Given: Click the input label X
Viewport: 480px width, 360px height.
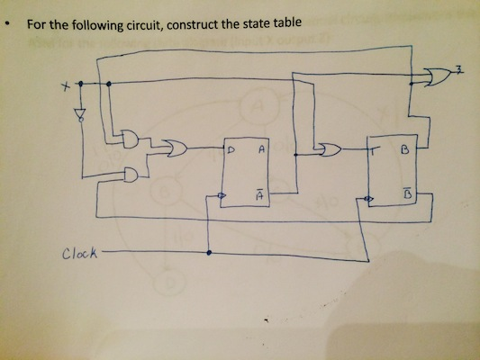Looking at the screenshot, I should click(x=65, y=87).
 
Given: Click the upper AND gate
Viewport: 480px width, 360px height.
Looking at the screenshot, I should click(x=131, y=140).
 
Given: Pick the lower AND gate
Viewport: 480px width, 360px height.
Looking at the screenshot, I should click(x=131, y=174).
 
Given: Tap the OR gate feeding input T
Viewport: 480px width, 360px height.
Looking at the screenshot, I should click(x=329, y=150).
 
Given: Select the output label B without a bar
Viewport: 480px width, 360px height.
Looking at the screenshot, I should click(x=405, y=153).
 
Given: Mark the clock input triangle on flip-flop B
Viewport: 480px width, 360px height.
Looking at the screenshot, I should click(x=365, y=198).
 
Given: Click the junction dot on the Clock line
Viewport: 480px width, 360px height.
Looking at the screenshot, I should click(x=209, y=253).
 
